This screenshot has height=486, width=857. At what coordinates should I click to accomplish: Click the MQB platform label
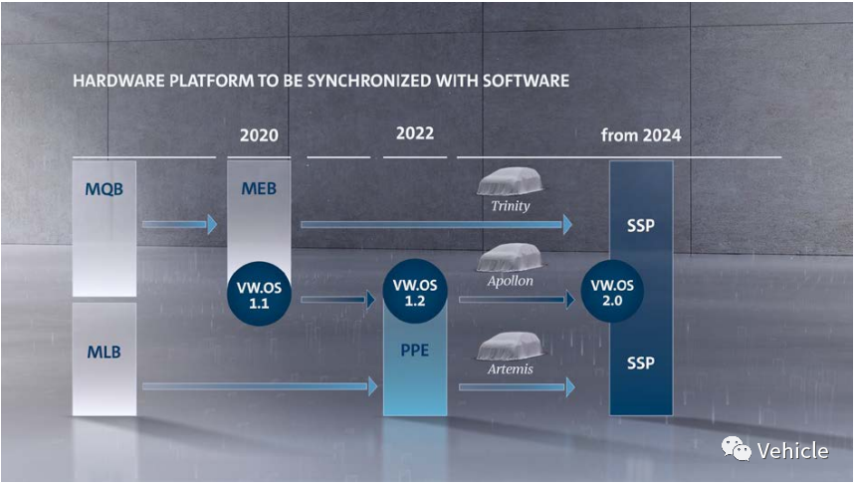tap(104, 189)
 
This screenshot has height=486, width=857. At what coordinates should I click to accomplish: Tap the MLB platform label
tap(104, 352)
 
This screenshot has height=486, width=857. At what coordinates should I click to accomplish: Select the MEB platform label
tap(258, 189)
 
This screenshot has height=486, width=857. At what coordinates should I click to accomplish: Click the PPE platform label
tap(414, 352)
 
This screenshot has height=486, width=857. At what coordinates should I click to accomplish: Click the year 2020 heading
tap(259, 135)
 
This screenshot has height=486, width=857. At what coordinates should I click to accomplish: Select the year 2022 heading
tap(414, 133)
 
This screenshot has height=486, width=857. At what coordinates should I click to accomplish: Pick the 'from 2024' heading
tap(641, 135)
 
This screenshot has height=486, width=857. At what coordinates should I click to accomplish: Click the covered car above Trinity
tap(511, 182)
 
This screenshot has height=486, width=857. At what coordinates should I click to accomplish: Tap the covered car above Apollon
tap(511, 259)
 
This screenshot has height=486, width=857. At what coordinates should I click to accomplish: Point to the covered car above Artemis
tap(511, 347)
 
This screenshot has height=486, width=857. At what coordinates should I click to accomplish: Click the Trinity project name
tap(511, 207)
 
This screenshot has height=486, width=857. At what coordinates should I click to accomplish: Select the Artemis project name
tap(511, 369)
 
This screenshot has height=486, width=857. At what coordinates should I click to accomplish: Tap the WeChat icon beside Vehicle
tap(737, 450)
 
